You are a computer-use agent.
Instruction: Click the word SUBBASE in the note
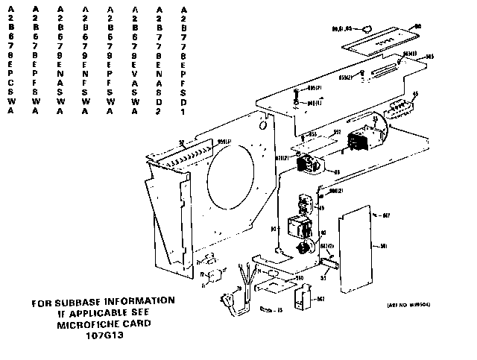[x=84, y=301]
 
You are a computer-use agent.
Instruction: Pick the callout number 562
[x=320, y=299]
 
